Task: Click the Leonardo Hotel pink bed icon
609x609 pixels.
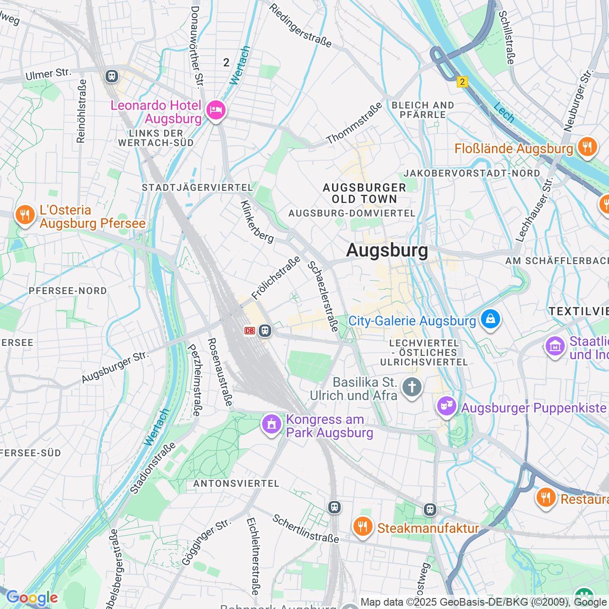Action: tap(216, 110)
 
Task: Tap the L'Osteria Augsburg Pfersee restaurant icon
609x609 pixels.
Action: tap(25, 215)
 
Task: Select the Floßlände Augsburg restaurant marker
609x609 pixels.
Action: tap(587, 147)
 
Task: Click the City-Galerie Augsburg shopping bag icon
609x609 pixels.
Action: tap(490, 319)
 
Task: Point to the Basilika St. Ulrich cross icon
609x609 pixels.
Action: tap(412, 387)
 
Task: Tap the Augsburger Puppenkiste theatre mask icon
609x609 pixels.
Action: tap(446, 406)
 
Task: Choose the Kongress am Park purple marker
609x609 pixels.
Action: tap(272, 423)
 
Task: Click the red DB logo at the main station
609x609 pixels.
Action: tap(250, 331)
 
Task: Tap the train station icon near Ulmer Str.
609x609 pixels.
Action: tap(112, 76)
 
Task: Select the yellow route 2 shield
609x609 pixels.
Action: tap(462, 82)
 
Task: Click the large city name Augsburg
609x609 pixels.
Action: tap(387, 250)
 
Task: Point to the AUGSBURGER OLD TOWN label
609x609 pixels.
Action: tap(364, 193)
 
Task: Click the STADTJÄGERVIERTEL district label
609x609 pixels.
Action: tap(197, 187)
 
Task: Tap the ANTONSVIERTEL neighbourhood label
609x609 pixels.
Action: tap(236, 483)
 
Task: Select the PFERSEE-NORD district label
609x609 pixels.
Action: tap(68, 291)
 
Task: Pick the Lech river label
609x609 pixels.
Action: tap(504, 112)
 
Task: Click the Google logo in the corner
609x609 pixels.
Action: tap(32, 598)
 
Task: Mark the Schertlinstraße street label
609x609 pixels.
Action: tap(305, 529)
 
